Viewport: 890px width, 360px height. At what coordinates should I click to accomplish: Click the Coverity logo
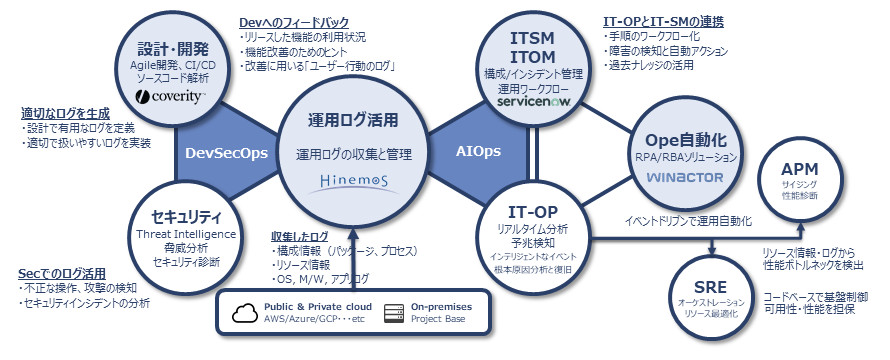coord(170,97)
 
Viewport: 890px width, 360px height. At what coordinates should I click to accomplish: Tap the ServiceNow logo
coord(533,102)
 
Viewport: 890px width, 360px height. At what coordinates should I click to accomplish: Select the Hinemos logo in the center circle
coord(353,183)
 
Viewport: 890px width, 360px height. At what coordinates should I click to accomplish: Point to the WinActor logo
coord(685,178)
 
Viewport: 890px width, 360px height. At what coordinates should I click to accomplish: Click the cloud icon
coord(245,313)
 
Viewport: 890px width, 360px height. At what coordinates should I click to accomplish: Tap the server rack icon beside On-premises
coord(394,313)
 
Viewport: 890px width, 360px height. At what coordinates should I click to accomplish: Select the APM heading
coord(799,169)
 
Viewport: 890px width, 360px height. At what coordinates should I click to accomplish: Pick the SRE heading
coord(710,288)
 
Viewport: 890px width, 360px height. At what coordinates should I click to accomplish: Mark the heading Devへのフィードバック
coord(293,23)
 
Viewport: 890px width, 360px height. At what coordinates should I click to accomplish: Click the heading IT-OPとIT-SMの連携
coord(662,22)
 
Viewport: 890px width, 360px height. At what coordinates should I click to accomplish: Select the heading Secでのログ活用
coord(62,274)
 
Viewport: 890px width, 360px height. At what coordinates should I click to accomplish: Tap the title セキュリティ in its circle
coord(186,217)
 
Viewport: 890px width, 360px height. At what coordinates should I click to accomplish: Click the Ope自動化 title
coord(686,140)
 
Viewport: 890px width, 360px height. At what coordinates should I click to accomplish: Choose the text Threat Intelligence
coord(186,234)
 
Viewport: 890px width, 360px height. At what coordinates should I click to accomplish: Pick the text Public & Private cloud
coord(318,307)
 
